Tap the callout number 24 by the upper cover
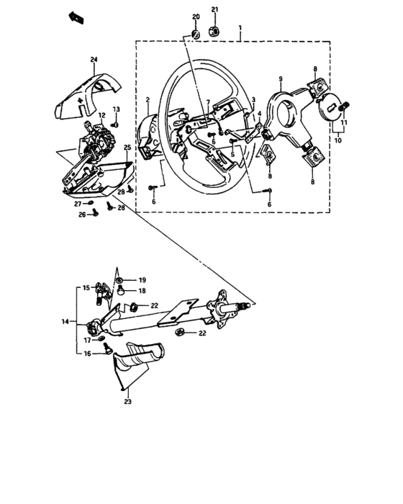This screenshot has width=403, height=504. click(x=94, y=59)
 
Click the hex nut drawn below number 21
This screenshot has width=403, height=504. click(x=214, y=30)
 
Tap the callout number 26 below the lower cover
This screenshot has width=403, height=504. click(x=82, y=215)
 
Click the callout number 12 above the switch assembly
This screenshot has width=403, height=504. click(x=101, y=114)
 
